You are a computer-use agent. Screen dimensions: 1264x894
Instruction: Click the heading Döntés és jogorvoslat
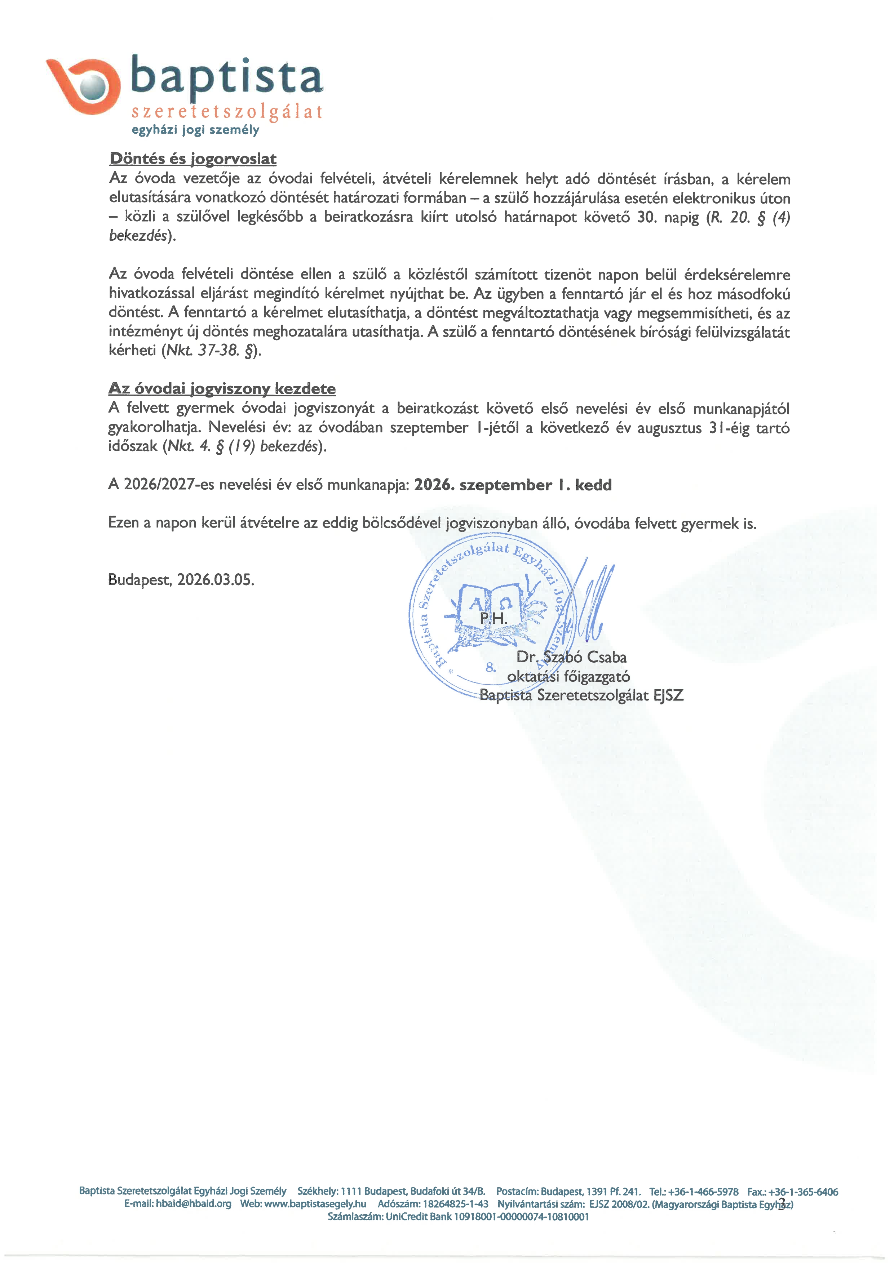[x=193, y=159]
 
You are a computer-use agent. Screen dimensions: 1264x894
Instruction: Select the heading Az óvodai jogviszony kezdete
[x=222, y=389]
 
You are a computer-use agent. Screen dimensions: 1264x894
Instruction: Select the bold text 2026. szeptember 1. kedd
[x=512, y=485]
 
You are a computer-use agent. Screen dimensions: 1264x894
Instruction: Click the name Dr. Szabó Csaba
[x=571, y=657]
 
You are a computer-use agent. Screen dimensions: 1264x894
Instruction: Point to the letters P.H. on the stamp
[x=493, y=619]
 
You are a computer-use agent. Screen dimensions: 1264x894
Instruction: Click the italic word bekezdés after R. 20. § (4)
[x=138, y=236]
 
